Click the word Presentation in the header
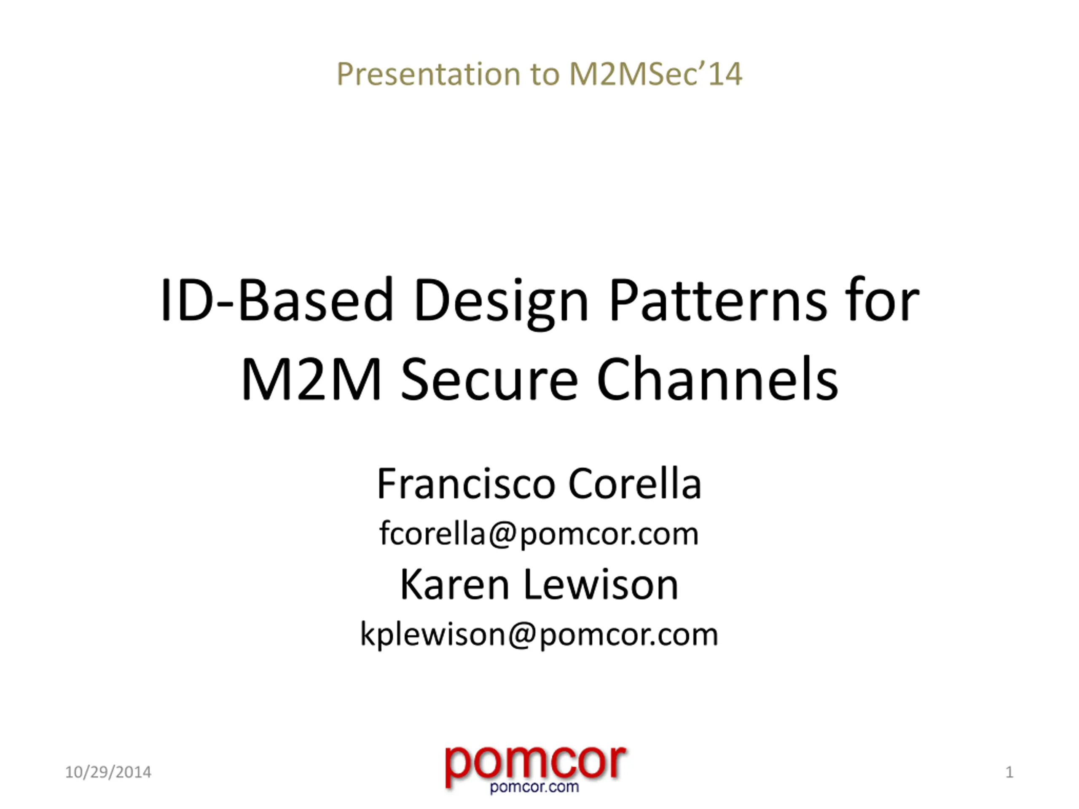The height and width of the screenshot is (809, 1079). [x=429, y=74]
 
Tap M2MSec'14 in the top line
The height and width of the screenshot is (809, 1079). [x=655, y=74]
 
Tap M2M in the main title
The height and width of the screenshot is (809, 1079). [x=311, y=379]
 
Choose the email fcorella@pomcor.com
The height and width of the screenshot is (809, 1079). [x=539, y=534]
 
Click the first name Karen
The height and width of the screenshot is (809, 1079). [x=455, y=585]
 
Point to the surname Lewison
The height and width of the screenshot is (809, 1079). [x=601, y=585]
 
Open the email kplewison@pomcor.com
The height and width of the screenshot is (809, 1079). [x=539, y=635]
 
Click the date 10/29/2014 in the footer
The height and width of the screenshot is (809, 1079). [x=108, y=772]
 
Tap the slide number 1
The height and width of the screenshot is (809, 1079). [x=1009, y=772]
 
